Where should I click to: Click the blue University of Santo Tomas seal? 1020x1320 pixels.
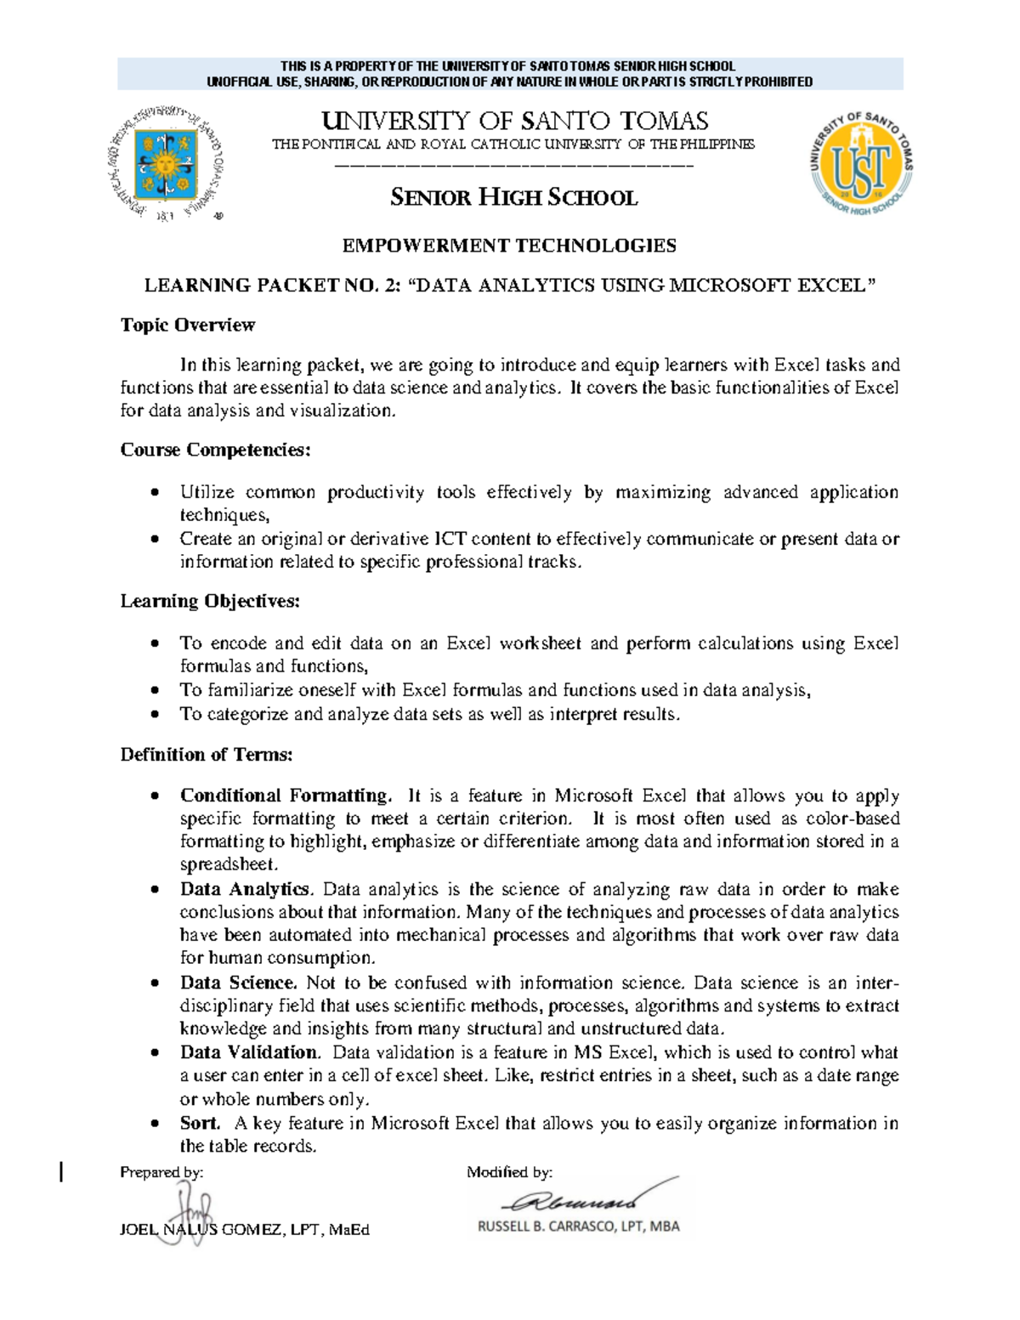167,163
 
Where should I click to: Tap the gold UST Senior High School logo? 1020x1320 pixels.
861,164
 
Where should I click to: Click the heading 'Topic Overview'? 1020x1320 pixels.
187,325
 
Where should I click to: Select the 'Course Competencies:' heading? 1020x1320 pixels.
215,450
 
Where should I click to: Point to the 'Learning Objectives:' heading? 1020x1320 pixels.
210,601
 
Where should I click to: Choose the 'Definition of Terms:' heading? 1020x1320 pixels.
207,754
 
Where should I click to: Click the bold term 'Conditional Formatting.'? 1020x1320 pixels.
286,796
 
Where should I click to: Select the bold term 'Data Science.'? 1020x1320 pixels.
238,983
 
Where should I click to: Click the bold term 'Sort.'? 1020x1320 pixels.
200,1123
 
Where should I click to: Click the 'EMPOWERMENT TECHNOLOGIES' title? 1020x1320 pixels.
509,246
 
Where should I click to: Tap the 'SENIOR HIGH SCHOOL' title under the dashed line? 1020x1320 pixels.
513,198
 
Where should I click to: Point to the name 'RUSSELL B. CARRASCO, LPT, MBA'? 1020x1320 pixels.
578,1227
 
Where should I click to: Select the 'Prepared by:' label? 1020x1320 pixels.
161,1172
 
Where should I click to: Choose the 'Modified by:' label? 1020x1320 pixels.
509,1172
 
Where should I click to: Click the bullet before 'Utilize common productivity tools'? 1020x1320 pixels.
154,493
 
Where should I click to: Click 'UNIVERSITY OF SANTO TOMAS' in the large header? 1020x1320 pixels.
513,121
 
